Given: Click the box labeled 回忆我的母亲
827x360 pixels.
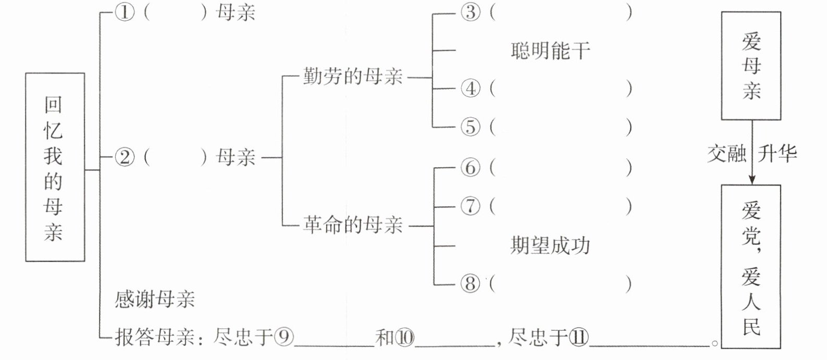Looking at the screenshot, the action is (x=55, y=167).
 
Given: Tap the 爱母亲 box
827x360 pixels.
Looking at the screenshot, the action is (x=751, y=66).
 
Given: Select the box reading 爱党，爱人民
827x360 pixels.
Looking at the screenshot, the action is (x=751, y=266).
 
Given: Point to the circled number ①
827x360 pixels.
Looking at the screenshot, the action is (x=124, y=13).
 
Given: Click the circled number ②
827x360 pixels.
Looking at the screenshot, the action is (x=124, y=157).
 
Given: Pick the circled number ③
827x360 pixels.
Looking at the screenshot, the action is (x=470, y=13).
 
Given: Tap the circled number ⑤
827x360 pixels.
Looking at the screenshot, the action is (x=470, y=127).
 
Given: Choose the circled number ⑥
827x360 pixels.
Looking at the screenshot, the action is (x=470, y=168).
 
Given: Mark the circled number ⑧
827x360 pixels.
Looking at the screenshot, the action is (x=470, y=284).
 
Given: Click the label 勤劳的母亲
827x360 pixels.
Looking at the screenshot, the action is (x=353, y=78).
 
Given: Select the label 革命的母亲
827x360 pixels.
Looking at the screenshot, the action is (x=353, y=226).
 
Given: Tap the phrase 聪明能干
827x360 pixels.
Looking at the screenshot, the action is (x=550, y=51).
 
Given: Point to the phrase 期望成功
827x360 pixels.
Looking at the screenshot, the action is (x=550, y=245).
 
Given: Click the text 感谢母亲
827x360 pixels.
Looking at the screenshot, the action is (x=155, y=300).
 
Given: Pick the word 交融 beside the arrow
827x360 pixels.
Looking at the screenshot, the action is (x=726, y=154).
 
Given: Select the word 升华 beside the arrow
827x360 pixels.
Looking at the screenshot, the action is (x=777, y=154).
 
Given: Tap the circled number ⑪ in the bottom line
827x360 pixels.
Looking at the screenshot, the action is (x=578, y=338).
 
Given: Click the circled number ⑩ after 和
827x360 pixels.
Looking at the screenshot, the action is (x=405, y=338).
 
